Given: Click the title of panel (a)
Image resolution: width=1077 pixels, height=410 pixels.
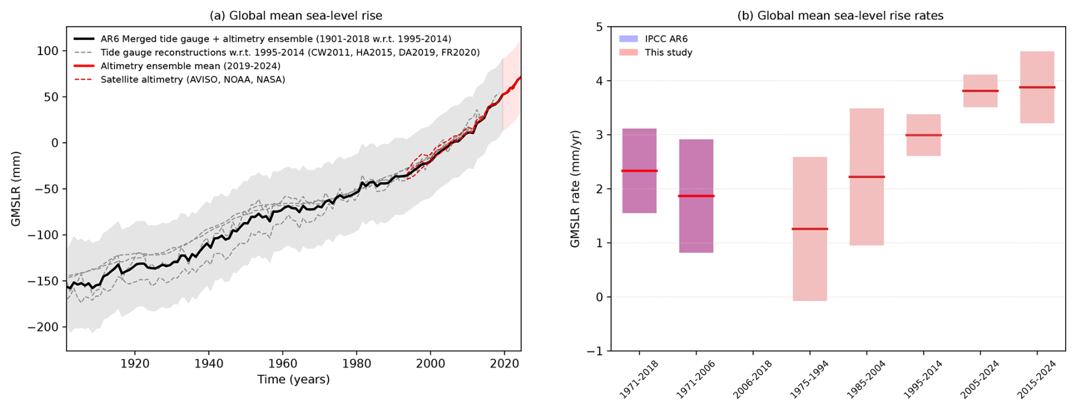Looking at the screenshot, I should [296, 16].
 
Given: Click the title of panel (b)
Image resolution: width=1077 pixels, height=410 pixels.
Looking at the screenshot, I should [840, 16].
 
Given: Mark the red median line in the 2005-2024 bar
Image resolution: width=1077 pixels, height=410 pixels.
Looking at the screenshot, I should [980, 91].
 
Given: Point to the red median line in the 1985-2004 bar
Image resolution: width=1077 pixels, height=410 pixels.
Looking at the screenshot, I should [866, 177].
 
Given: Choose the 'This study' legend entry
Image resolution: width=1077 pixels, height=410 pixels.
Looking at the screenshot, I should [668, 52].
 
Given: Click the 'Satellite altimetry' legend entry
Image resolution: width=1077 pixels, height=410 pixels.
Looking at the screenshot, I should [192, 80].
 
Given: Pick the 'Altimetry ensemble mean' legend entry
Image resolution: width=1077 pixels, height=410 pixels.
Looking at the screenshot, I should [190, 66].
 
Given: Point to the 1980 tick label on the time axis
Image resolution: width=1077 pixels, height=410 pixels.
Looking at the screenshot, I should [357, 364].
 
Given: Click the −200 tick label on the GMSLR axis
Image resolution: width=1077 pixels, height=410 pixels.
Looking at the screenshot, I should [43, 327].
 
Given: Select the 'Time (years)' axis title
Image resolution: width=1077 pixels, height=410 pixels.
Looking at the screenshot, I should [293, 379].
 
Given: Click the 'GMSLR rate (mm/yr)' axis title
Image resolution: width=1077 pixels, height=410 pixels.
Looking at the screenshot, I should [576, 189].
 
